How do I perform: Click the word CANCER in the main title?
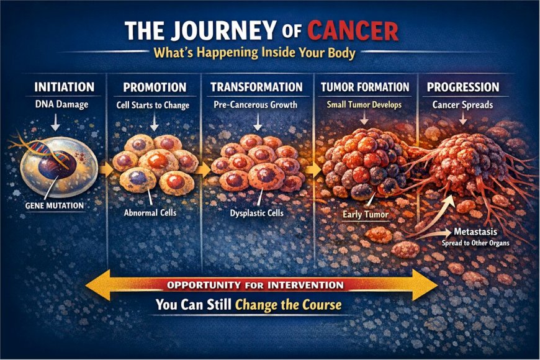tap(353, 31)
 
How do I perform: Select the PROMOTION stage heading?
tap(155, 88)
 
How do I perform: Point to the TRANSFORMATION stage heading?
tap(256, 88)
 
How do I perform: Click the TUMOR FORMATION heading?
tap(365, 88)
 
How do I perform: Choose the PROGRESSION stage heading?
tap(463, 88)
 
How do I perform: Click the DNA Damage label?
tap(56, 105)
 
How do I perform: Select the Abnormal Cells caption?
tap(151, 212)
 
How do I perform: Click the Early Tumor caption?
tap(365, 215)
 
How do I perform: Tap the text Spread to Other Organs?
tap(476, 243)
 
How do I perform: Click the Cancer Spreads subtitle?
tap(463, 105)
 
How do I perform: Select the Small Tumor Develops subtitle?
tap(364, 105)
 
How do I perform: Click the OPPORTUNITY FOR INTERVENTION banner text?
tap(260, 286)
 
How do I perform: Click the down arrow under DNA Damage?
tap(56, 123)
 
